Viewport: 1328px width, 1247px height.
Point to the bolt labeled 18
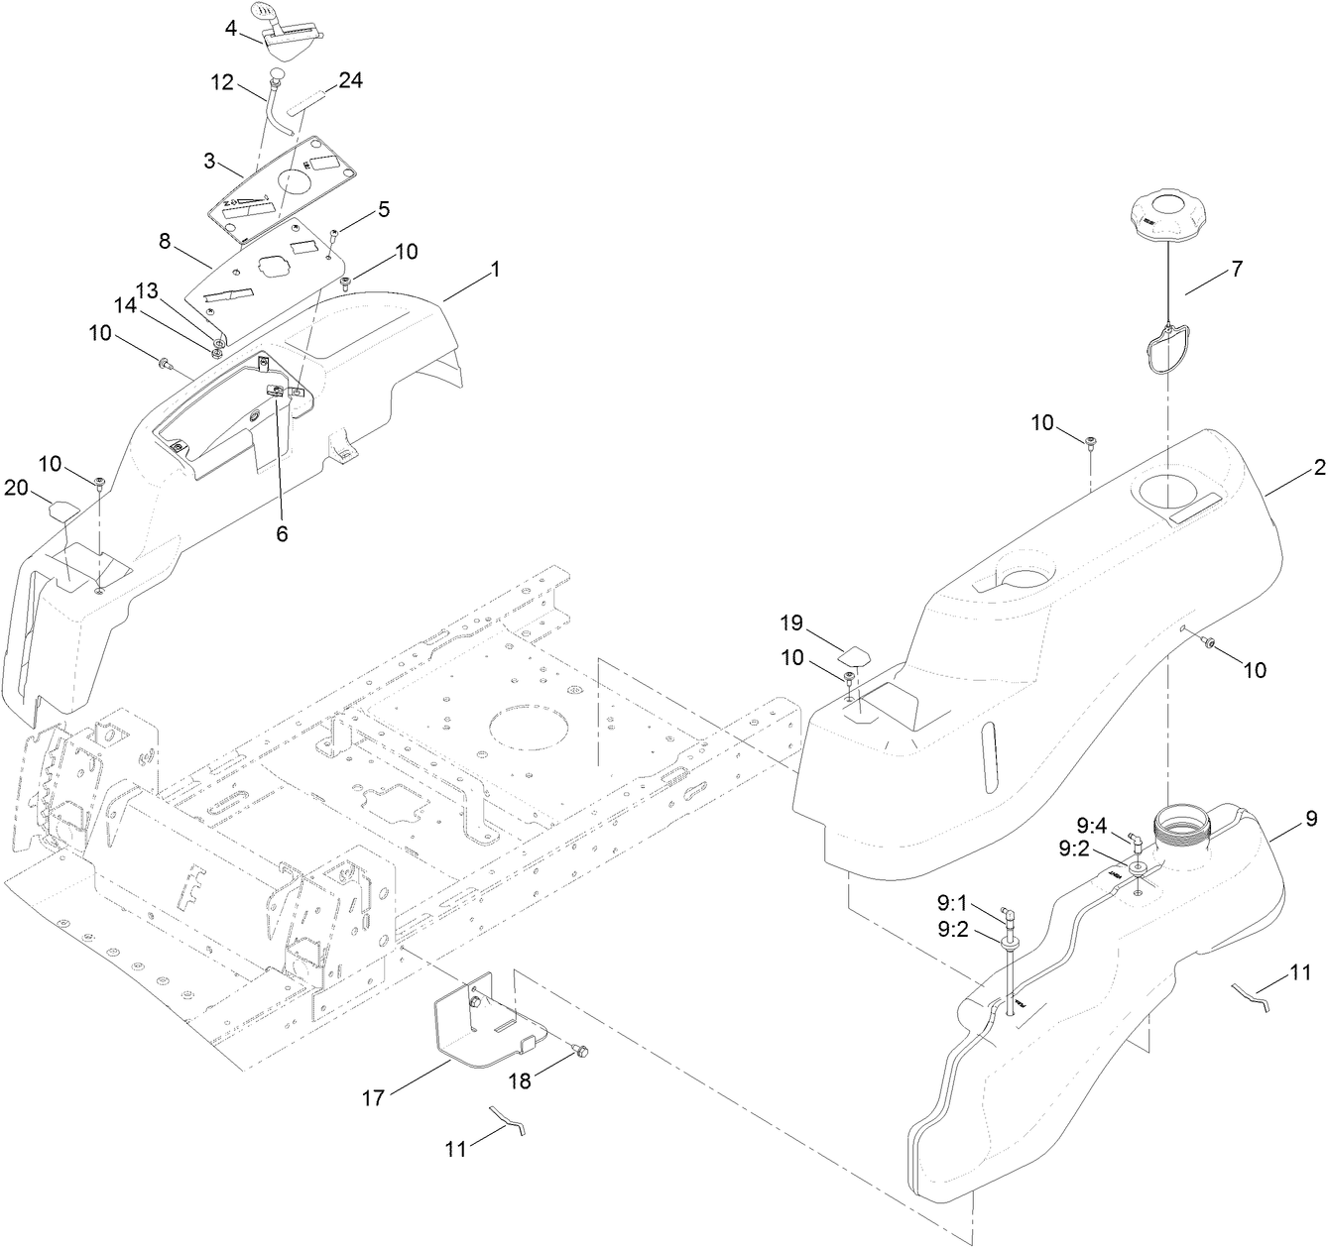pos(581,1049)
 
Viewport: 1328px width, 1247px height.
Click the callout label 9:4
pos(1095,823)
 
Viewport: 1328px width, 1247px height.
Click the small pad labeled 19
pos(855,653)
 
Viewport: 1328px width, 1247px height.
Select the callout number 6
pos(282,533)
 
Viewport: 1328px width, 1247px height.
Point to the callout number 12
pos(221,83)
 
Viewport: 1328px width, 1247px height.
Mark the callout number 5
pos(383,209)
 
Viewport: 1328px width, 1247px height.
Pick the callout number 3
pos(209,161)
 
